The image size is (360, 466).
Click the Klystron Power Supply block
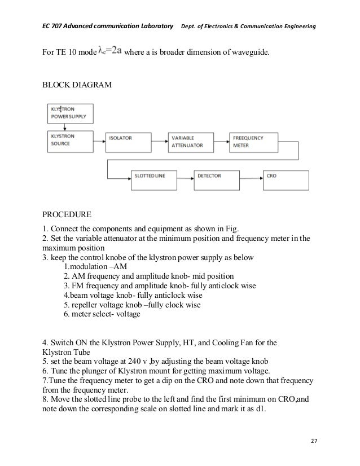click(71, 113)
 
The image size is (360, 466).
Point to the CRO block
click(286, 180)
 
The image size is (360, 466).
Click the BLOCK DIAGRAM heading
click(77, 84)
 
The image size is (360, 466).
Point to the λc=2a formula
click(109, 52)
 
